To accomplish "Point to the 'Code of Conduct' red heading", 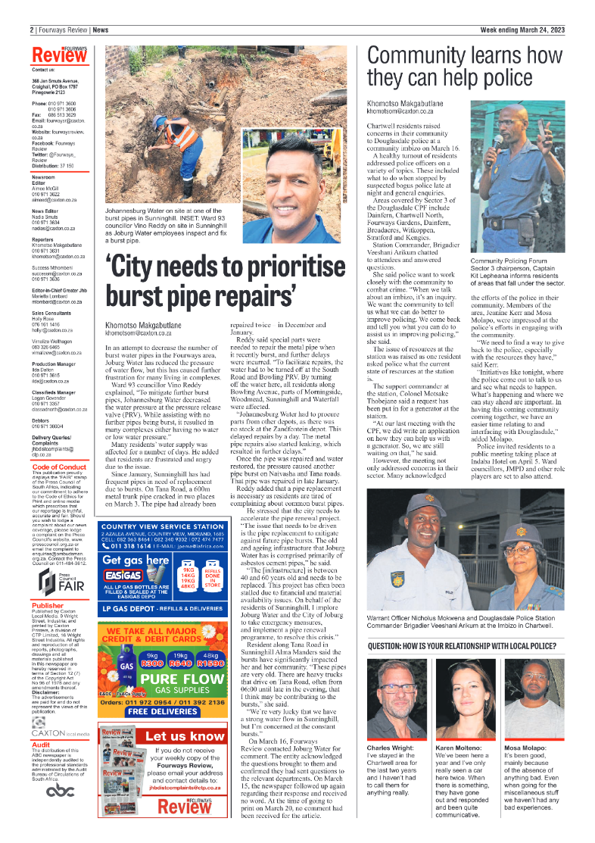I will coord(59,467).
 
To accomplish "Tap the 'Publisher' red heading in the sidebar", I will coord(48,605).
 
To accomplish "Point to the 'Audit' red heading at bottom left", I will coord(41,745).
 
